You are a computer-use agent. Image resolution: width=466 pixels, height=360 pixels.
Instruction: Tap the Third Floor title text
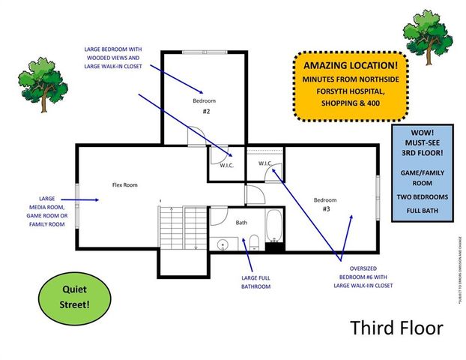(x=396, y=328)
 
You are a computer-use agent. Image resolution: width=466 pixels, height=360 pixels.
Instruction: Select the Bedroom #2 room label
(x=205, y=105)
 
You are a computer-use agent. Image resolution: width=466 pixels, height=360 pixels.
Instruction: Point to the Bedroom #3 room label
(x=325, y=204)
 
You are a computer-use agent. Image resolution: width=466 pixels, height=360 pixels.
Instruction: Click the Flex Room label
(x=125, y=184)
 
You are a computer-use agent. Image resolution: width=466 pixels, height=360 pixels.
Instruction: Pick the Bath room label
(x=241, y=223)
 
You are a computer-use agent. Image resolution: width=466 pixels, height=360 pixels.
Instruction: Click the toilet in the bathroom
(x=254, y=241)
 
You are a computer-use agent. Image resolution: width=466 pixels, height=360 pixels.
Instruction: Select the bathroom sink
(x=223, y=244)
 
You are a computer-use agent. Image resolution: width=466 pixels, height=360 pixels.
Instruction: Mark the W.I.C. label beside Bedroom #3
(x=266, y=163)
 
